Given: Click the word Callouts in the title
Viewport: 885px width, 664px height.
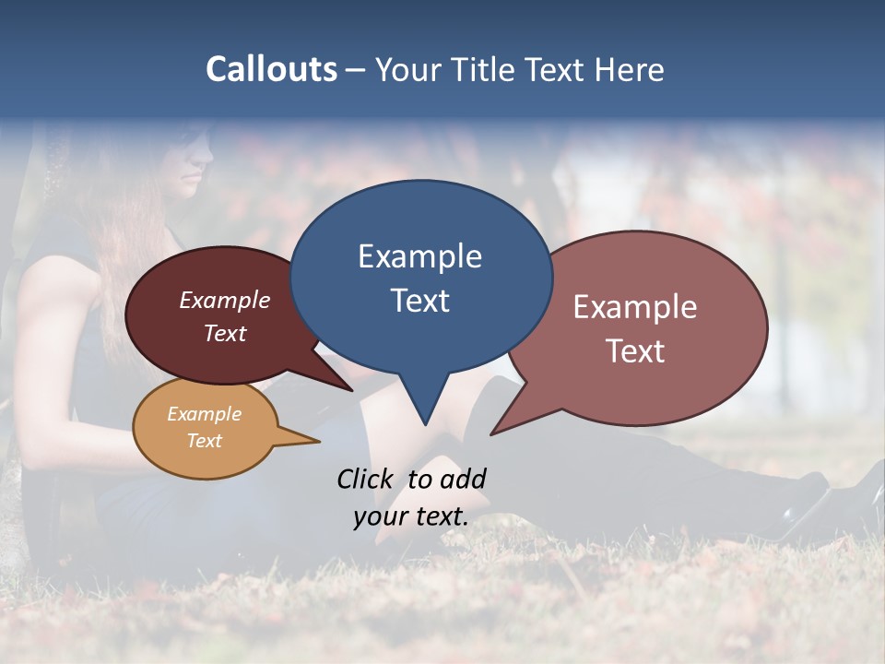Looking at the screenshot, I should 271,69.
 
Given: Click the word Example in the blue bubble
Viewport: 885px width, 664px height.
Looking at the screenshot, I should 419,256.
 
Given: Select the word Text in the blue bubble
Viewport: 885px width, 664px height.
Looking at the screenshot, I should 419,301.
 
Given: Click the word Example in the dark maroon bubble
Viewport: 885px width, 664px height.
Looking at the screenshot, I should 224,301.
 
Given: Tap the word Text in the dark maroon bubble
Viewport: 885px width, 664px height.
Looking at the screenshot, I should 224,333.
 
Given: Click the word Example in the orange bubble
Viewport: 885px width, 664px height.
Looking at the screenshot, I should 204,414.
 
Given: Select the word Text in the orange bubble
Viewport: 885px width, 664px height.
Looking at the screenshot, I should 204,441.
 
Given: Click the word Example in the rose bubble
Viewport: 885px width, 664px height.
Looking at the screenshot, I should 634,307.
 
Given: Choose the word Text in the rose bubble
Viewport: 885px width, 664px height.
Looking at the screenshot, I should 634,351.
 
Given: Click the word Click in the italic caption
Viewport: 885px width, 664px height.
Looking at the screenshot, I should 364,479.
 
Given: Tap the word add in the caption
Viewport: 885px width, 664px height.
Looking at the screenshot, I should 463,479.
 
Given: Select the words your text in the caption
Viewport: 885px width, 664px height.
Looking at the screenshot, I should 410,516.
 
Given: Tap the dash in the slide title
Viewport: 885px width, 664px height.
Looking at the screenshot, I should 356,71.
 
